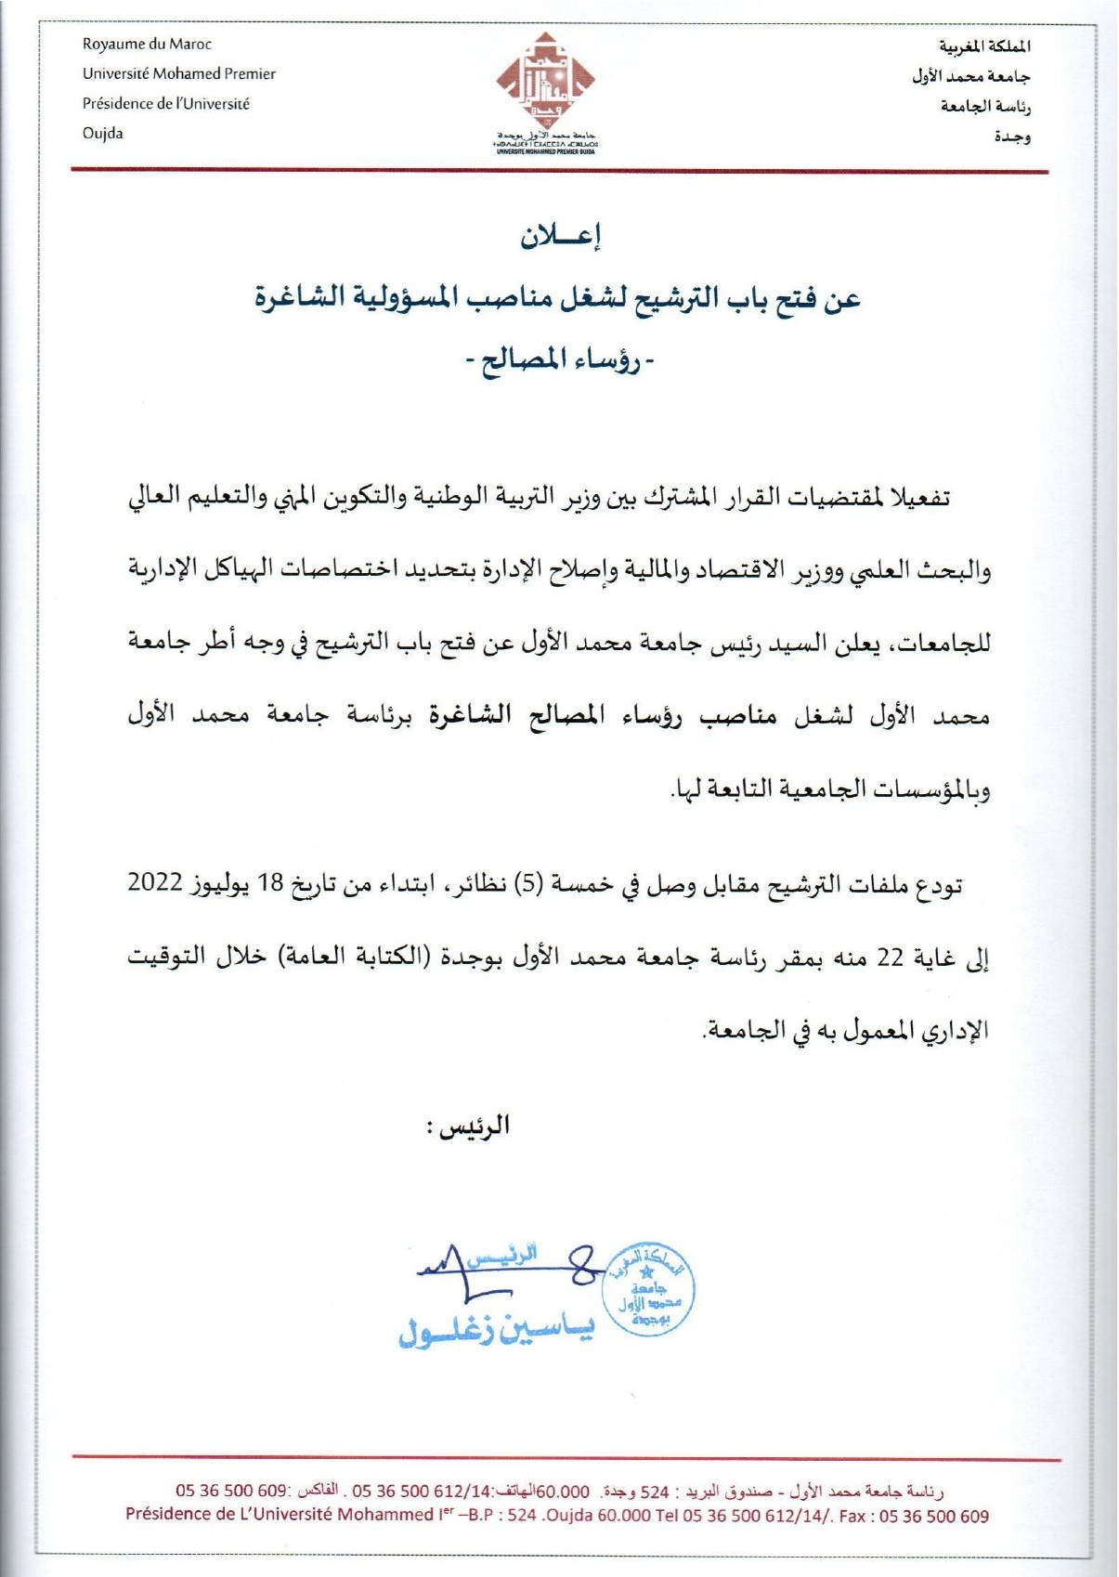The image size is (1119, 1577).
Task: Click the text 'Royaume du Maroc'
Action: click(x=147, y=44)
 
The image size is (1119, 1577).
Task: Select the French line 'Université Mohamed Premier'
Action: click(x=178, y=73)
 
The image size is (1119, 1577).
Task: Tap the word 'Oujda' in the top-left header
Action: click(x=102, y=133)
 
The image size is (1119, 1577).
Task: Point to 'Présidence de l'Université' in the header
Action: click(x=165, y=103)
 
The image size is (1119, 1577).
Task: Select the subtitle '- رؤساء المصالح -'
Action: click(x=559, y=360)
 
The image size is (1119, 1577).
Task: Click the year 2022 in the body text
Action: click(x=154, y=882)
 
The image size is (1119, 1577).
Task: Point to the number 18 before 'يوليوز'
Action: click(x=269, y=882)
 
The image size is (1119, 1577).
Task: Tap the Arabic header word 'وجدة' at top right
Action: click(x=1012, y=137)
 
